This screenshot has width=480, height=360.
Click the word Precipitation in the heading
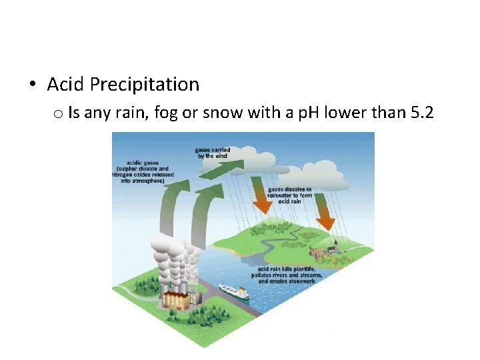click(144, 85)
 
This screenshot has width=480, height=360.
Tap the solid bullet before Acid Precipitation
click(32, 85)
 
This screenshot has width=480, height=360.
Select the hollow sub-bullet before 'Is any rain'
click(58, 114)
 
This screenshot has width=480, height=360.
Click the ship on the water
click(233, 292)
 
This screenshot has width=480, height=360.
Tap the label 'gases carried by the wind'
click(212, 153)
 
